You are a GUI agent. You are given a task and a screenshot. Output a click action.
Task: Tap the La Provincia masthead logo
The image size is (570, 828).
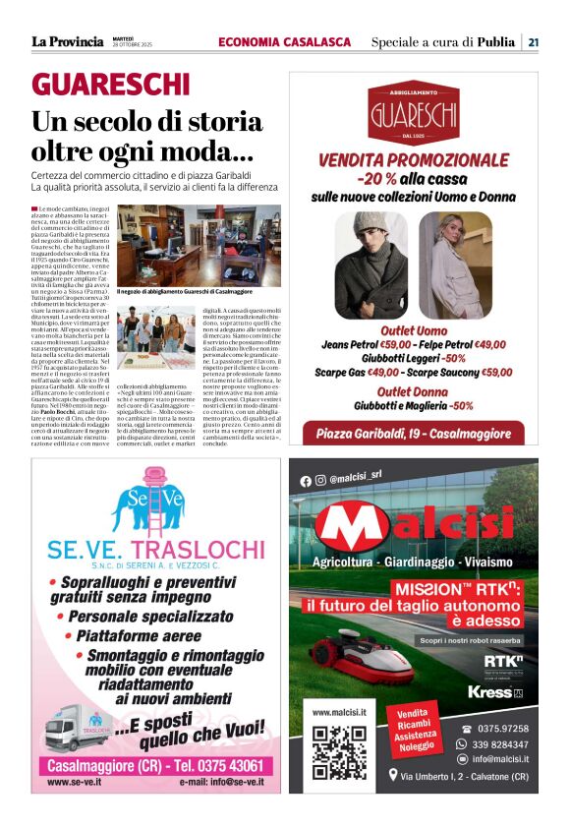[x=67, y=41]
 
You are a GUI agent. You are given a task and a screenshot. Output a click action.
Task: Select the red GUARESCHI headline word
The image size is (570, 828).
[x=110, y=85]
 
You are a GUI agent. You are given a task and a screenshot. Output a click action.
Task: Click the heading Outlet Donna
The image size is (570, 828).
[x=413, y=390]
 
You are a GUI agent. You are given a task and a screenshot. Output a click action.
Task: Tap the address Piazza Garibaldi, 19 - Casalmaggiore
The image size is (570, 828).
[x=413, y=435]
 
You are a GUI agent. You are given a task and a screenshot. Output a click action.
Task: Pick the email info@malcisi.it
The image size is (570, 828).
[x=498, y=759]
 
